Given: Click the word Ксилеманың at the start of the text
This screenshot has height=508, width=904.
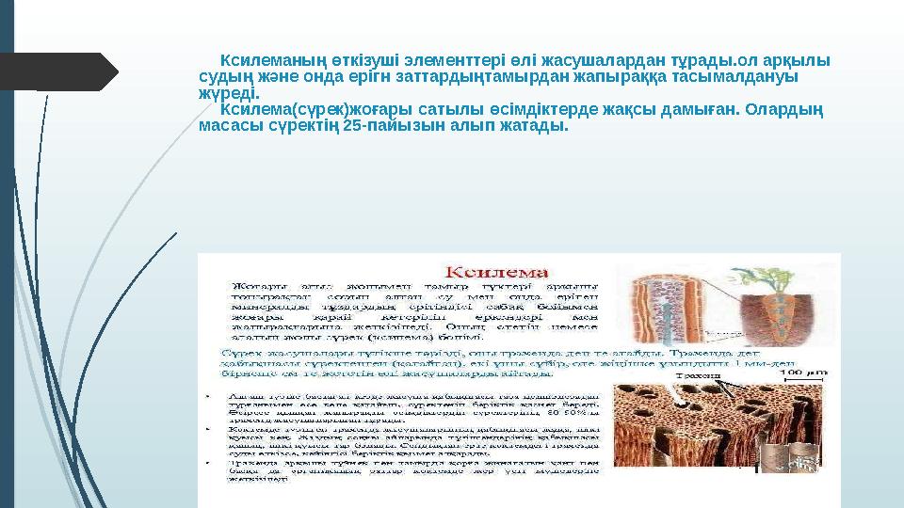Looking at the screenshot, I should (263, 60).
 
